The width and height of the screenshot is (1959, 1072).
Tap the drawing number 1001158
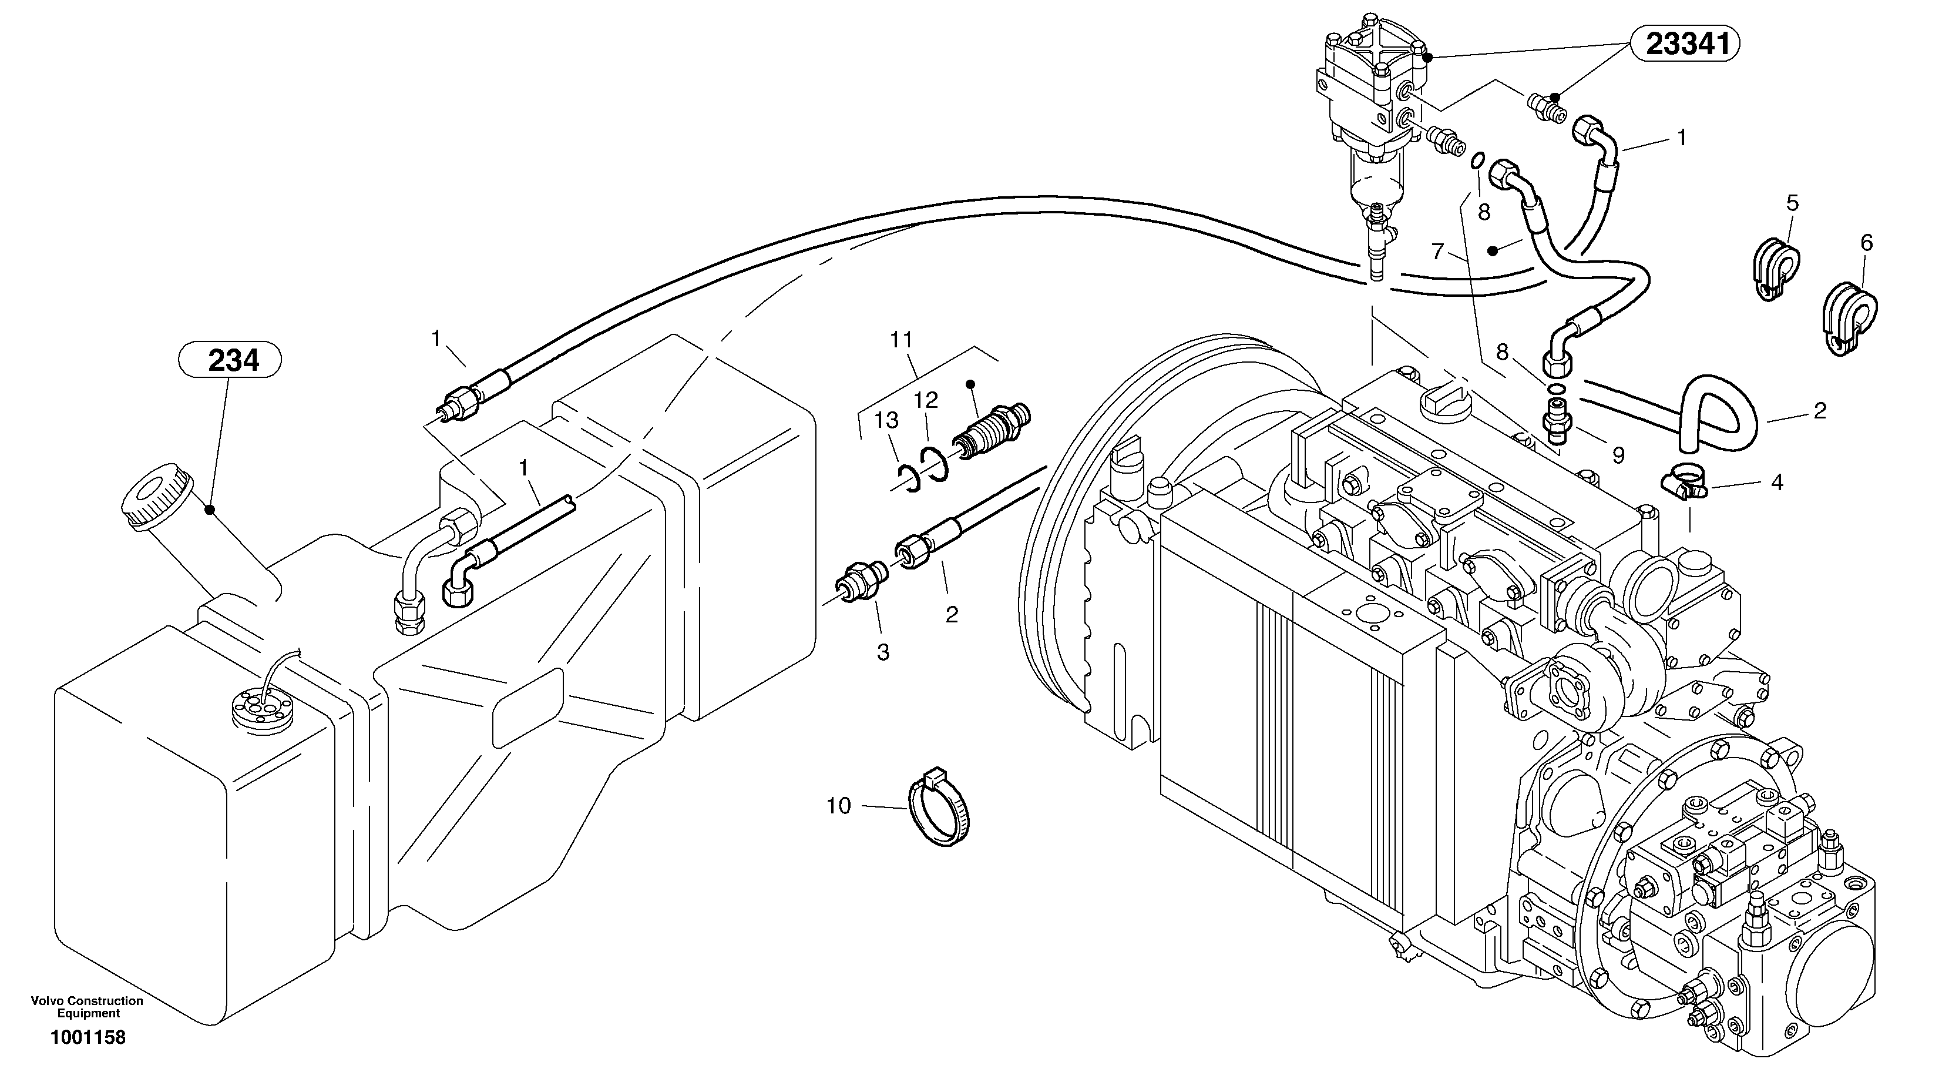[88, 1037]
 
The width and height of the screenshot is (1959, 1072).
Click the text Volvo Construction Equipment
[88, 1007]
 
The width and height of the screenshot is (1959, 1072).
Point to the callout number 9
[1618, 455]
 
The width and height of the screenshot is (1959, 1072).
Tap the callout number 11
[901, 340]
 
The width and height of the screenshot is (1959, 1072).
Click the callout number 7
[1437, 251]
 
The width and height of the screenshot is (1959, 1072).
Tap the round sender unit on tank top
[261, 710]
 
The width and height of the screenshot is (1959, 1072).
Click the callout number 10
[839, 806]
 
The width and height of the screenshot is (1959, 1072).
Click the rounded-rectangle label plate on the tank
[527, 708]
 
